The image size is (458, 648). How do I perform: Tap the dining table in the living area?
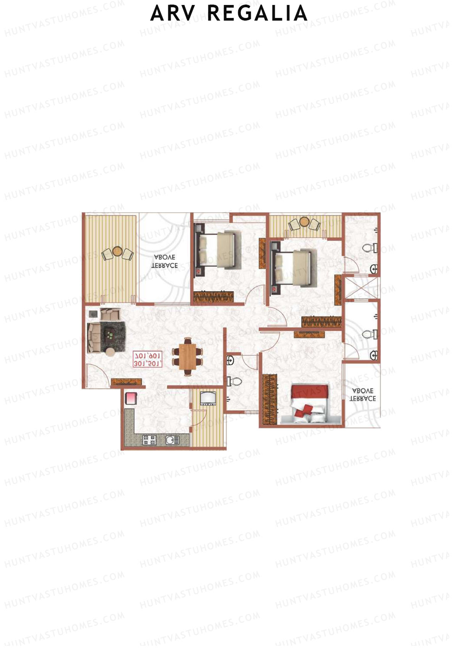coord(187,356)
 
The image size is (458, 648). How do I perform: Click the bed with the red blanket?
coord(310,404)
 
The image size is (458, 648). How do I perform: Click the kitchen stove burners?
coord(150,440)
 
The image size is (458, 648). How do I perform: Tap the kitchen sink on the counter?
coord(172,440)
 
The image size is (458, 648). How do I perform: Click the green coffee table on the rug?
coord(110,335)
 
